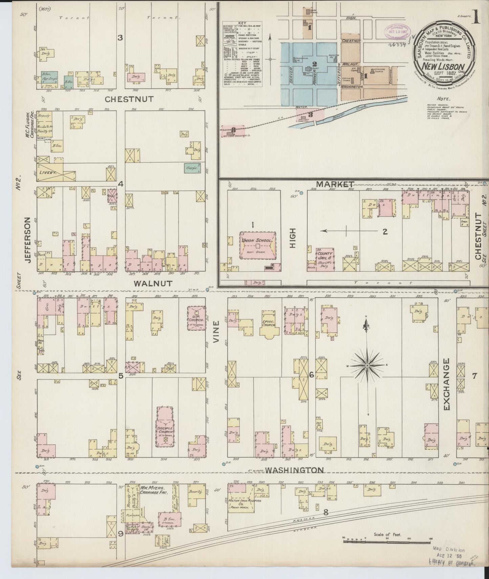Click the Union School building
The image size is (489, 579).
tap(258, 245)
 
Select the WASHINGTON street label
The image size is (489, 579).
tap(294, 470)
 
